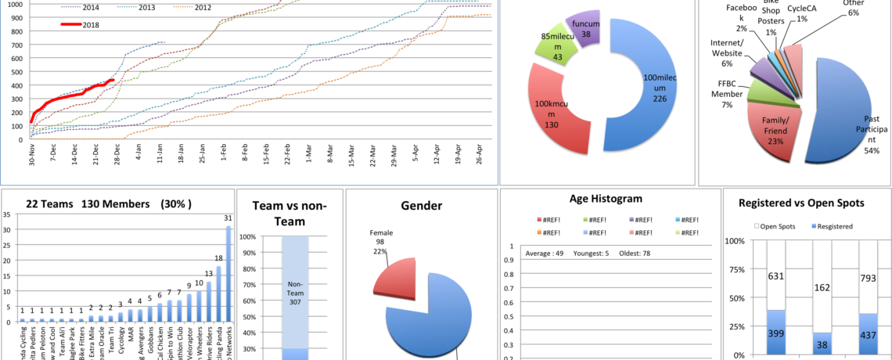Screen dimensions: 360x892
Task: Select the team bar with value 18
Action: tap(218, 293)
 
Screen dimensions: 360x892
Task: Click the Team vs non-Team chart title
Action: tap(290, 213)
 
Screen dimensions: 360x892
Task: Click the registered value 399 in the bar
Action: tap(776, 333)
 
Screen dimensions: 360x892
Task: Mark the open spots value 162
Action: tap(822, 287)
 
